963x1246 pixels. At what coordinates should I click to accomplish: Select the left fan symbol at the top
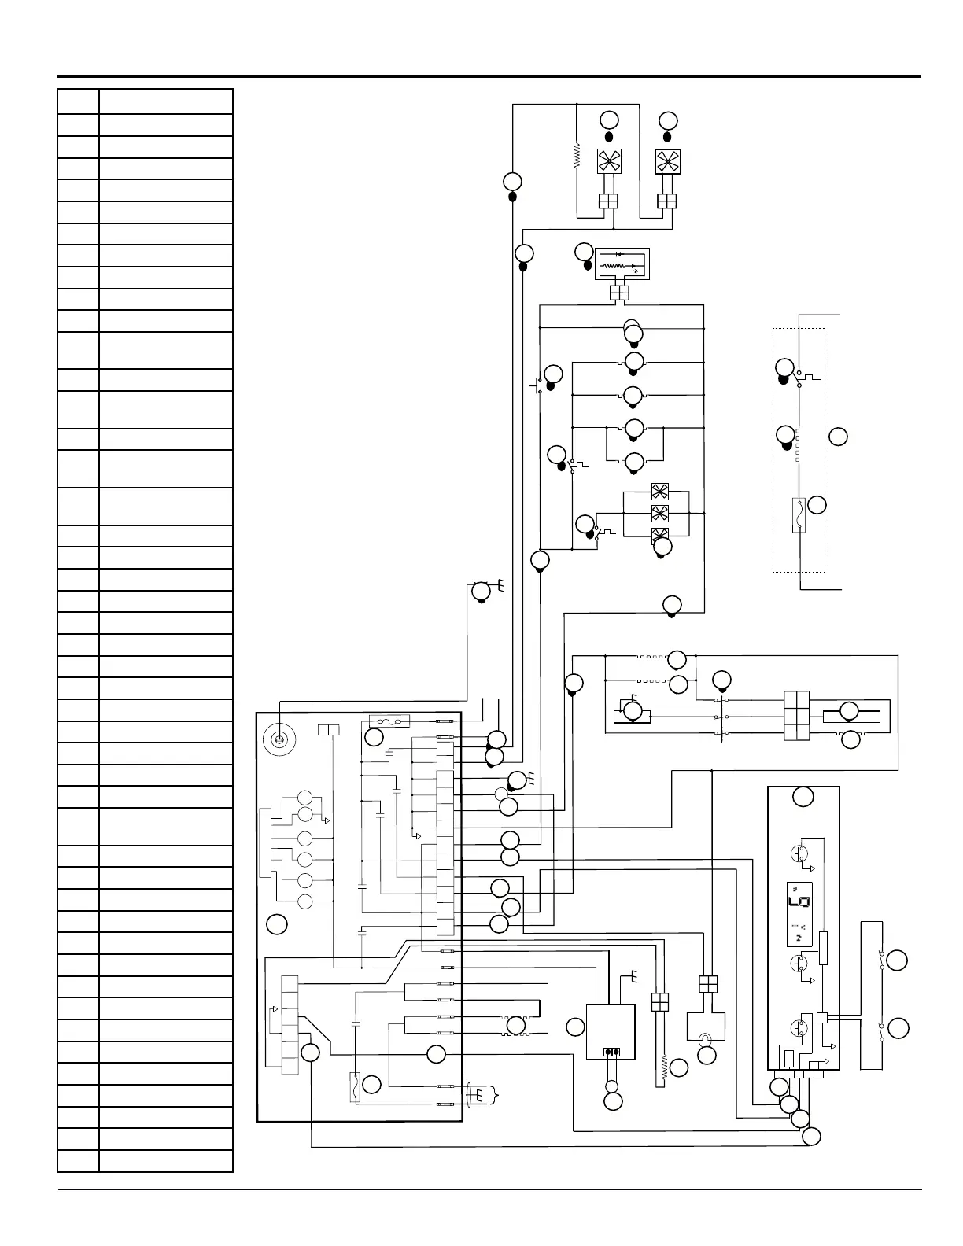607,162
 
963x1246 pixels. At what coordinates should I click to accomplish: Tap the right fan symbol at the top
667,162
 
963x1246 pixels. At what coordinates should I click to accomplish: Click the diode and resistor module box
622,265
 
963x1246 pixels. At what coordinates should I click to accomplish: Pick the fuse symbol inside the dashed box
799,515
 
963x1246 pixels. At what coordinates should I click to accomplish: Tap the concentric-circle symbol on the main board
278,739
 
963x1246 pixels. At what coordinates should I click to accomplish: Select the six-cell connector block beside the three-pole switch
797,716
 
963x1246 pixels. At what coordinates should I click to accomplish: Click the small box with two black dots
611,1052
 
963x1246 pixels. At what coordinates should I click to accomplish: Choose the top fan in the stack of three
659,492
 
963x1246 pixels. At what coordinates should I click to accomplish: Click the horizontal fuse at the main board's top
389,721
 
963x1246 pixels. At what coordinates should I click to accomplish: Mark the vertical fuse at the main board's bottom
356,1085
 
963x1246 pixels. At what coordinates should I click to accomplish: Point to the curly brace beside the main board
496,1093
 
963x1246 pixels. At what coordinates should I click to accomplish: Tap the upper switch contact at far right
880,959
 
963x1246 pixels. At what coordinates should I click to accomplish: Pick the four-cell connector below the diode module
620,293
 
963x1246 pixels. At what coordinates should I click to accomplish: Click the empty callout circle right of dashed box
839,436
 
